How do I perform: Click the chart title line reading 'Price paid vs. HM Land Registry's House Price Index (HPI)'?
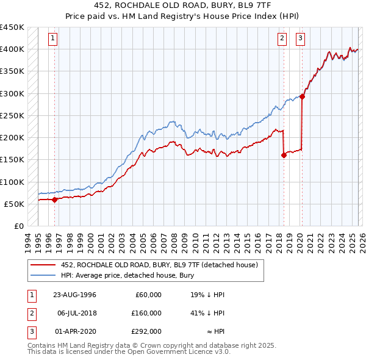pos(183,15)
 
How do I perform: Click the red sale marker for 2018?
pos(284,155)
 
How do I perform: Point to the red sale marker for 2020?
pos(302,96)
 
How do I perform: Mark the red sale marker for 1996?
pos(54,199)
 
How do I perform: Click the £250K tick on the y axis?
pos(12,115)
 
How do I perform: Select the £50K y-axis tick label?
pos(15,204)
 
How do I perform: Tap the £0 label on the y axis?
pos(18,226)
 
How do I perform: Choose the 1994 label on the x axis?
pos(28,240)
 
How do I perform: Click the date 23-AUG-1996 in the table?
pos(74,295)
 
